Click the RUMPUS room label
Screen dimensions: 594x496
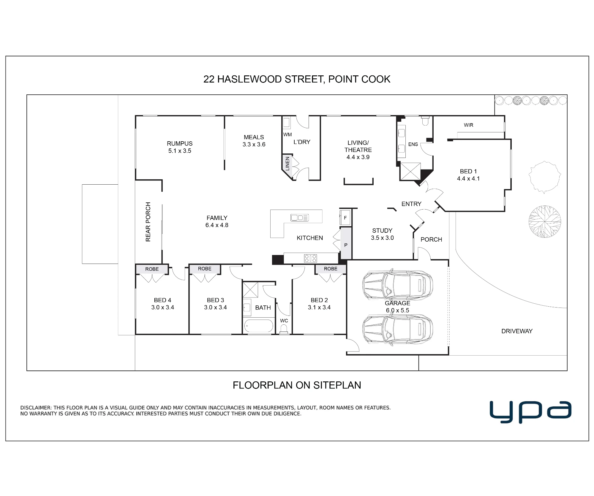point(180,144)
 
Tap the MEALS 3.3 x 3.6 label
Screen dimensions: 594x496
point(254,141)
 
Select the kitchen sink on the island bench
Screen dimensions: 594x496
point(300,218)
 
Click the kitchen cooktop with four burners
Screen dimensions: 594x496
point(310,258)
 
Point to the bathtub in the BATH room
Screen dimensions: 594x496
point(258,326)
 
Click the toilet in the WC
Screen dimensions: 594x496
point(284,329)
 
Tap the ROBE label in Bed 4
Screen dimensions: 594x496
point(152,269)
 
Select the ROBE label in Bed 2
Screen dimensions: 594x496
point(331,269)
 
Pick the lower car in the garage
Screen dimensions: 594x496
point(397,329)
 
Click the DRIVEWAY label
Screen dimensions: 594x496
point(517,331)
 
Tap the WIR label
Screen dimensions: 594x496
point(468,125)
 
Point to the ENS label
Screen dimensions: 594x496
point(413,144)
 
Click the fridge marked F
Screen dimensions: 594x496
point(345,218)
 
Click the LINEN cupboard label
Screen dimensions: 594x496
point(287,164)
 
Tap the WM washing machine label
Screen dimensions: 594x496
point(287,134)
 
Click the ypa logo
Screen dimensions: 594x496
point(530,412)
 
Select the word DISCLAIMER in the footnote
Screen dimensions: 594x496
point(35,408)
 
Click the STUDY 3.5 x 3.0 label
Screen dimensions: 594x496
point(382,234)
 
